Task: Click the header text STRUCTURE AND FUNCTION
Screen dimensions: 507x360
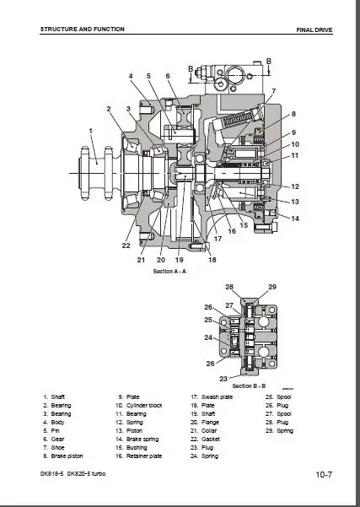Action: click(82, 29)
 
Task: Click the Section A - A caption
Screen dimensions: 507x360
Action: click(170, 272)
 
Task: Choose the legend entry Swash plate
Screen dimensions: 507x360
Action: click(211, 396)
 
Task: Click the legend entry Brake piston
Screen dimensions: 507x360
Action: click(65, 456)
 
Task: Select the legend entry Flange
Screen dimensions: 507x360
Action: click(207, 422)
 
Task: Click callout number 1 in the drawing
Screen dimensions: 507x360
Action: click(90, 130)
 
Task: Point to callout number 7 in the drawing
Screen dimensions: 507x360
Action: click(272, 90)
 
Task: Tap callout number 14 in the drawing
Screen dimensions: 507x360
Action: click(295, 218)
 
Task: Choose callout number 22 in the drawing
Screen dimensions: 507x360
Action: click(125, 245)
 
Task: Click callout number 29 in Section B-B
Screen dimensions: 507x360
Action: click(271, 288)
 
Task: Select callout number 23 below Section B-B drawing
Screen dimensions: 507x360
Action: click(223, 378)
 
